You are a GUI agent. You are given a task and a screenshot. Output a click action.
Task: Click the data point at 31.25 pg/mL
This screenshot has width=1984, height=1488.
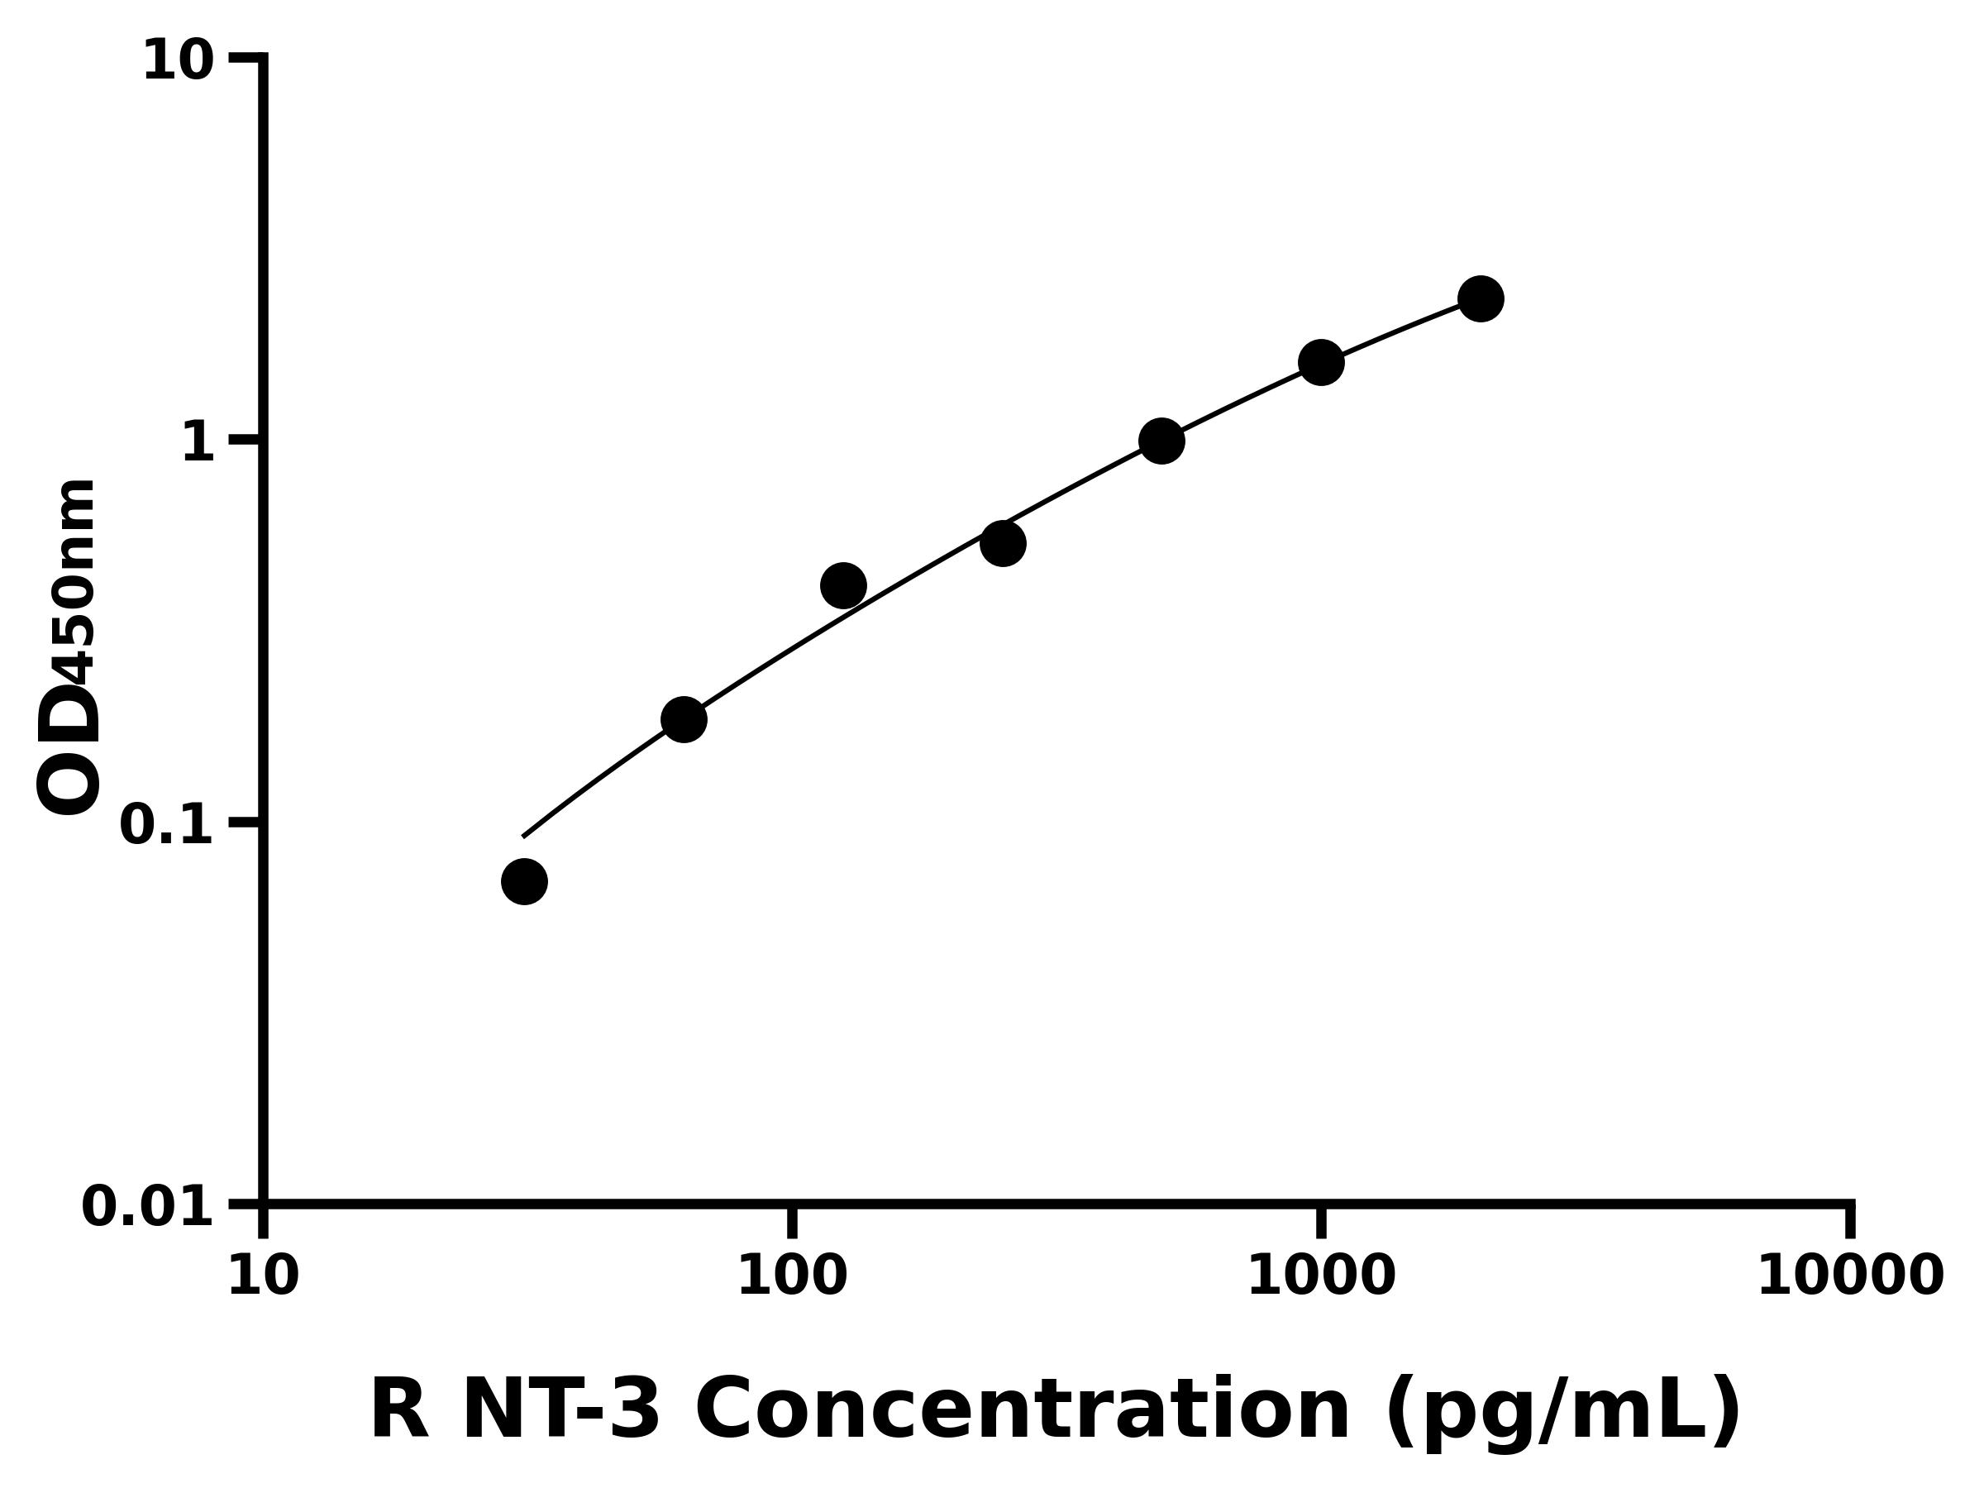(x=524, y=882)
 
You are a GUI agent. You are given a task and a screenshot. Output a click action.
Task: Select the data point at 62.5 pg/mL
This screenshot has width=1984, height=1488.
(x=684, y=719)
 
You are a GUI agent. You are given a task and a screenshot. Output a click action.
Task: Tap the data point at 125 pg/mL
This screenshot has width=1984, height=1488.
(x=843, y=585)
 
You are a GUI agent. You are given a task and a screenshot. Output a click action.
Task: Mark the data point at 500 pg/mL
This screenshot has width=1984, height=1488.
(x=1161, y=441)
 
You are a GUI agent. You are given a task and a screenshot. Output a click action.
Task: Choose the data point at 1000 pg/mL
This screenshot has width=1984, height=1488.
(x=1321, y=362)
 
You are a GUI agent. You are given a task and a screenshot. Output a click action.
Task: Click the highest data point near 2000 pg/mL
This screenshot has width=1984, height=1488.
(x=1481, y=298)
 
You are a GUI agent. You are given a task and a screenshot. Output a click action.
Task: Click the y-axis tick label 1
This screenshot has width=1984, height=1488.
(x=198, y=443)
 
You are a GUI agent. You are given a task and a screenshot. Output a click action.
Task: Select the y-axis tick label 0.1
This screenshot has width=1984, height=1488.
(x=167, y=825)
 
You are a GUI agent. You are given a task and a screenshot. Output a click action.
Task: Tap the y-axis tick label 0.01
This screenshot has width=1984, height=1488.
(x=148, y=1207)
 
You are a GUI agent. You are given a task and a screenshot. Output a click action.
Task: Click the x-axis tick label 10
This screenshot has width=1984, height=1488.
(x=263, y=1277)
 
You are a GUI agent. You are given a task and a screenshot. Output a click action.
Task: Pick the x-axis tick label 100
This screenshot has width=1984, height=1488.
(x=792, y=1277)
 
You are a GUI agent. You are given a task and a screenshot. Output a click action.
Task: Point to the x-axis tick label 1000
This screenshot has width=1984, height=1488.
(x=1321, y=1277)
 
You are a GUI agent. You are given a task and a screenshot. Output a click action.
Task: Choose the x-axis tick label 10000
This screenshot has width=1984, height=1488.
(x=1849, y=1277)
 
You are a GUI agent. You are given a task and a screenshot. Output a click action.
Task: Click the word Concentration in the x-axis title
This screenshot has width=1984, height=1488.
(x=1023, y=1412)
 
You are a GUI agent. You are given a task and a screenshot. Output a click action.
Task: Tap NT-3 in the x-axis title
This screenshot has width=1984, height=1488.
(x=561, y=1412)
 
